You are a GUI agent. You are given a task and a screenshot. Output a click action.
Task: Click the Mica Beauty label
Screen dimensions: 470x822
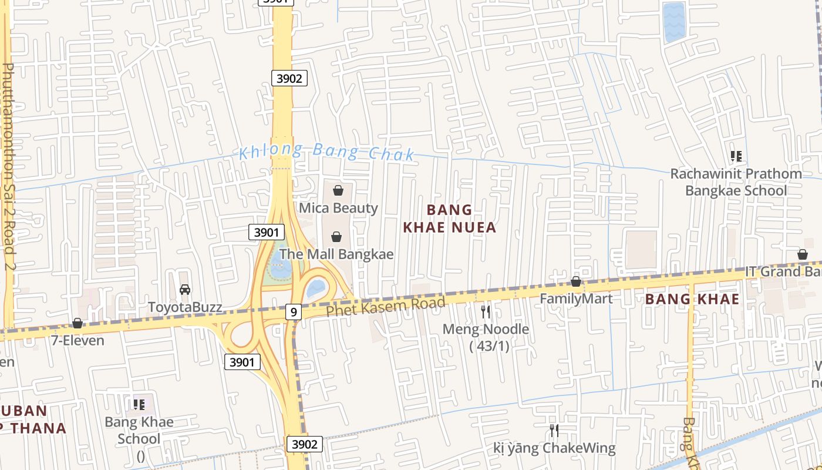coord(338,208)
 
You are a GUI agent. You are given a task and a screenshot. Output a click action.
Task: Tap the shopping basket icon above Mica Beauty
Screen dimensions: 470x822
coord(338,190)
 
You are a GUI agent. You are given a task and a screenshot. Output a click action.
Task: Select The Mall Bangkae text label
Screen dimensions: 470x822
coord(336,254)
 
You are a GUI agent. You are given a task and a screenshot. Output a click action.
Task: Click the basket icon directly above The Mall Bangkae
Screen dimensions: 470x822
coord(336,237)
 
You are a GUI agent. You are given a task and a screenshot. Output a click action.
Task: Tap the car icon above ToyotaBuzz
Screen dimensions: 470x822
coord(185,290)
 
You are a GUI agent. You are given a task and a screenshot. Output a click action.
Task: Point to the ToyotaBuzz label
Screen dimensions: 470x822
coord(185,307)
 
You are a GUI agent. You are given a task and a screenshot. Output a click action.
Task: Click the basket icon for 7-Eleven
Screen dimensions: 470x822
coord(77,323)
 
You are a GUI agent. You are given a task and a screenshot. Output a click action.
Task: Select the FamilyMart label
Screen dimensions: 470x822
coord(576,298)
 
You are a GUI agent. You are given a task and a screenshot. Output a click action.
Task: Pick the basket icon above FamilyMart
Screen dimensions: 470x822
coord(576,282)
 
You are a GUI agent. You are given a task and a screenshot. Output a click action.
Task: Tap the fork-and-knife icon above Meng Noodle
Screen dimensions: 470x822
coord(486,311)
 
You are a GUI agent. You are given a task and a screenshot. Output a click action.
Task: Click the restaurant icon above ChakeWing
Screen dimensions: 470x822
coord(554,431)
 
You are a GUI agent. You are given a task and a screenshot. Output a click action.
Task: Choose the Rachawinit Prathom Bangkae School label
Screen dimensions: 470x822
coord(736,182)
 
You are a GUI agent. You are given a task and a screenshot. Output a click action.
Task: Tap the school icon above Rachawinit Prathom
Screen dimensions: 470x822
coord(736,156)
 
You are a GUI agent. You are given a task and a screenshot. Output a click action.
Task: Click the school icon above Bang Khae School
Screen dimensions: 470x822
coord(139,404)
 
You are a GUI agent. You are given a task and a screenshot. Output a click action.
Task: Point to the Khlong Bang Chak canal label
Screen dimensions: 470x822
coord(327,152)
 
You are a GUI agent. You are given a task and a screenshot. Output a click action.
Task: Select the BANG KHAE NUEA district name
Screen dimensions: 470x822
coord(450,219)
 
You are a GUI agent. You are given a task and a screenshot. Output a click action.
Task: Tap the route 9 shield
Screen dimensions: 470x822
coord(294,311)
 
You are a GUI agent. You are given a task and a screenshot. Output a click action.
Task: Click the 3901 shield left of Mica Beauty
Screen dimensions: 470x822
coord(267,233)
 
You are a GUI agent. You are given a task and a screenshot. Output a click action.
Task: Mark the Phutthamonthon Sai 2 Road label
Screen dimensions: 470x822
coord(8,167)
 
